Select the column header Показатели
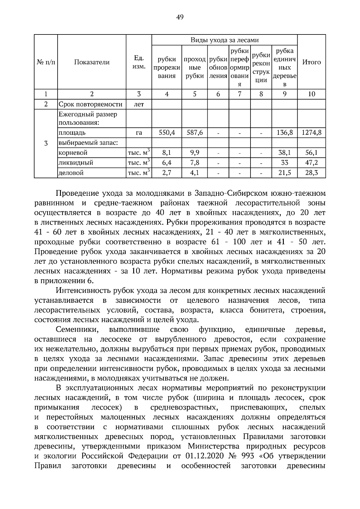point(92,62)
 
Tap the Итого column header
point(311,62)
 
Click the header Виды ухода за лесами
point(224,40)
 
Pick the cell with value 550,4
point(167,132)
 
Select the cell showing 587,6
point(194,132)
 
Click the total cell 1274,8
point(311,132)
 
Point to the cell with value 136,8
point(284,132)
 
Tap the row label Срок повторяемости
point(91,104)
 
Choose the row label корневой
point(73,153)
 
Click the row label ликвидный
point(76,163)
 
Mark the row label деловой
point(71,173)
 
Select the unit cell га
point(139,132)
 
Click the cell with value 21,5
point(284,173)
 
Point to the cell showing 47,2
point(311,163)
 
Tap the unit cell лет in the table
point(139,104)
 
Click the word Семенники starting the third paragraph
point(77,330)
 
